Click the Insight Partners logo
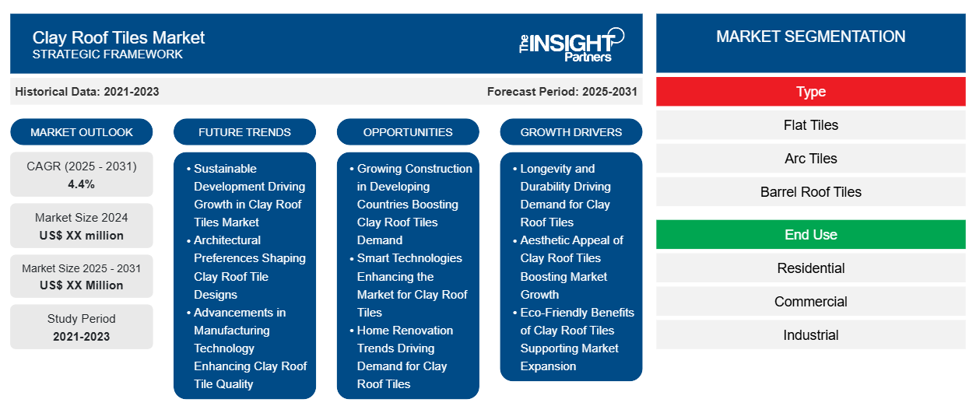571,45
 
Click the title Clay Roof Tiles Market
118,38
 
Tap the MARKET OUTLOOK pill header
82,132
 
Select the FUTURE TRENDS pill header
244,132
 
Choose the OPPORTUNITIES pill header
408,132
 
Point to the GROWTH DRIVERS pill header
571,132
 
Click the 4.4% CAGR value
82,184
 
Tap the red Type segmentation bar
810,92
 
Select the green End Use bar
810,235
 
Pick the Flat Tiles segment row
810,125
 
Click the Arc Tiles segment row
810,159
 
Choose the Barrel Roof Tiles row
810,192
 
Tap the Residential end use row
810,268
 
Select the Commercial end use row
810,302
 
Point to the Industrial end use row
810,335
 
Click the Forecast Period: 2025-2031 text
562,92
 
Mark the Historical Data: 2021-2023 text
87,92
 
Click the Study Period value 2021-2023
82,337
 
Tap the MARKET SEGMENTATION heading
810,37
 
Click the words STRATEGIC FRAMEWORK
107,54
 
